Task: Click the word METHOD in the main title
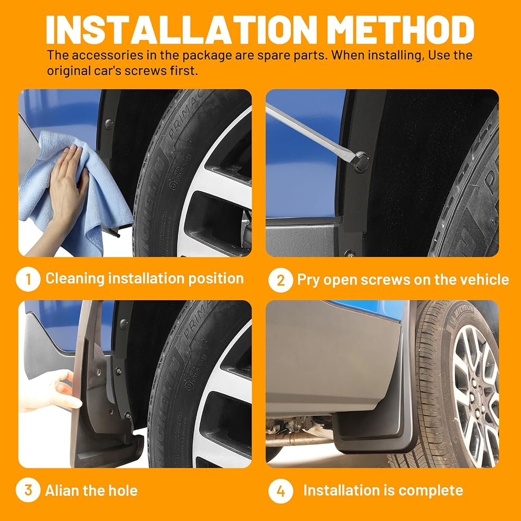400,30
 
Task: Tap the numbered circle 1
28,279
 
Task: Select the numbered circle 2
281,280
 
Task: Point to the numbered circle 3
28,490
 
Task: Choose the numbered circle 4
281,491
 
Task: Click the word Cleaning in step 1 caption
75,279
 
